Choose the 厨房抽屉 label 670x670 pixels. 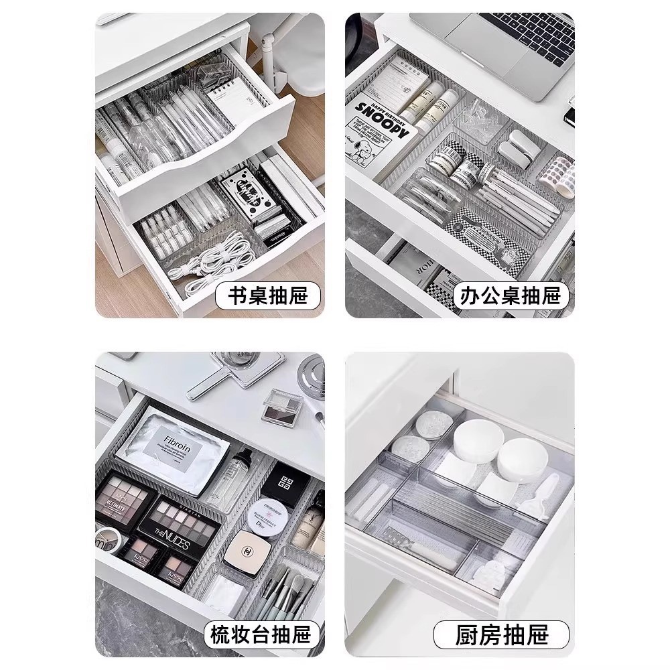coord(501,634)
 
